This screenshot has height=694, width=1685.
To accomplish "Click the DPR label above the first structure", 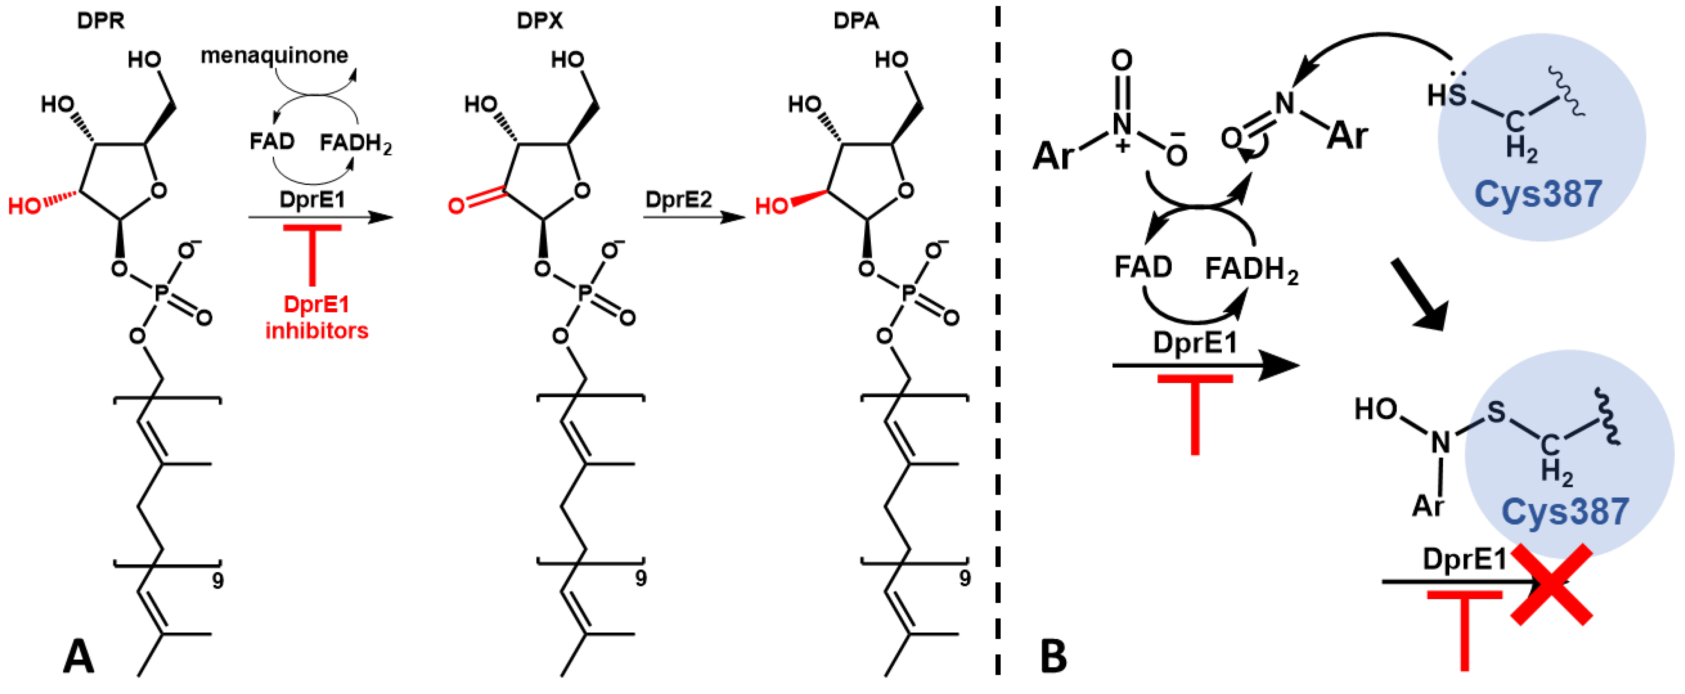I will tap(100, 21).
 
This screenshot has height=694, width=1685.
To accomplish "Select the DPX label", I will tap(539, 21).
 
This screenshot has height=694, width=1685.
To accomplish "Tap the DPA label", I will tap(856, 21).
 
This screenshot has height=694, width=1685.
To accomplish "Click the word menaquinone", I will tap(274, 56).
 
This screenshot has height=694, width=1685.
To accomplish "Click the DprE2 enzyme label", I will tap(678, 199).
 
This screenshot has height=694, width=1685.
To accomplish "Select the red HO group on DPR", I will tap(25, 207).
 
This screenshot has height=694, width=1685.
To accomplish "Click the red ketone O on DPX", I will tap(456, 205).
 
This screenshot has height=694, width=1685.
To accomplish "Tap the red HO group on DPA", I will tap(772, 207).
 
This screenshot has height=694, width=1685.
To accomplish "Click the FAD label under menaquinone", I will tap(272, 141).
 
